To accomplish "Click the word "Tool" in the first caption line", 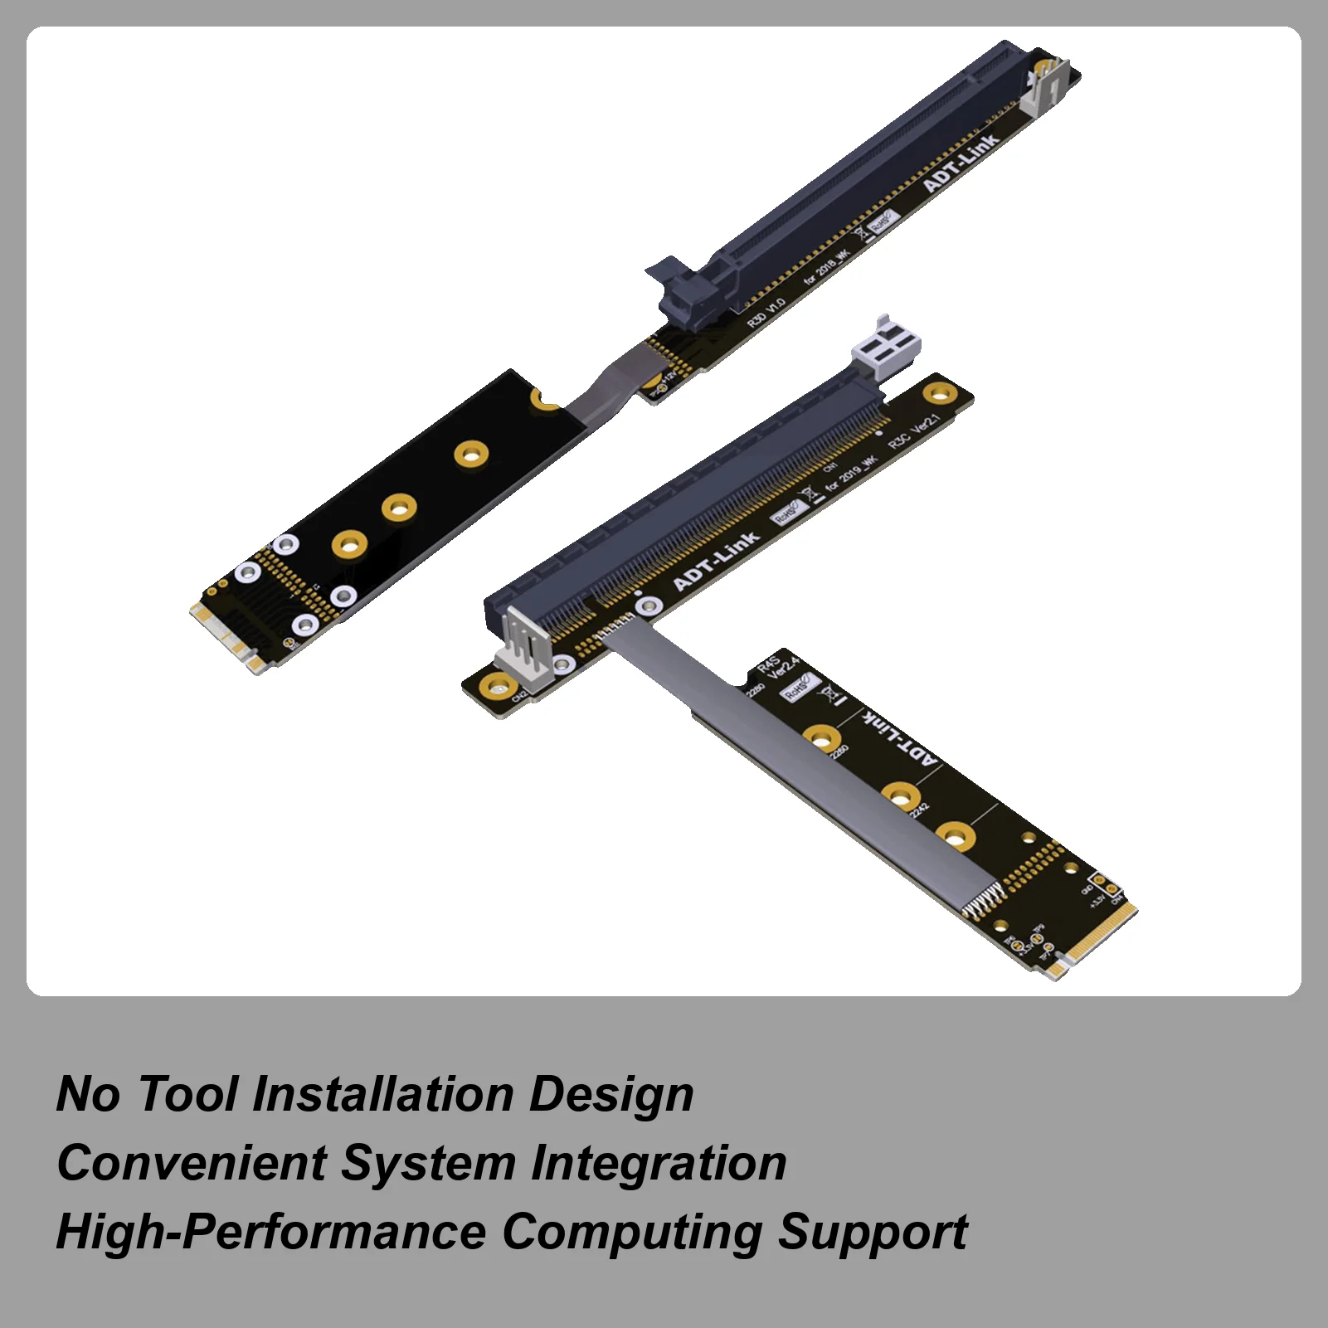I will coord(187,1094).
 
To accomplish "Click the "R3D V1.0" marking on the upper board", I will coord(766,313).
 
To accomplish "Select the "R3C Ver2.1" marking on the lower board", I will coord(914,431).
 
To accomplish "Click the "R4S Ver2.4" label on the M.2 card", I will coord(778,668).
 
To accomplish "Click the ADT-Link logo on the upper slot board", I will coord(961,163).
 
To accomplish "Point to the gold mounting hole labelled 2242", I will coord(900,795).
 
